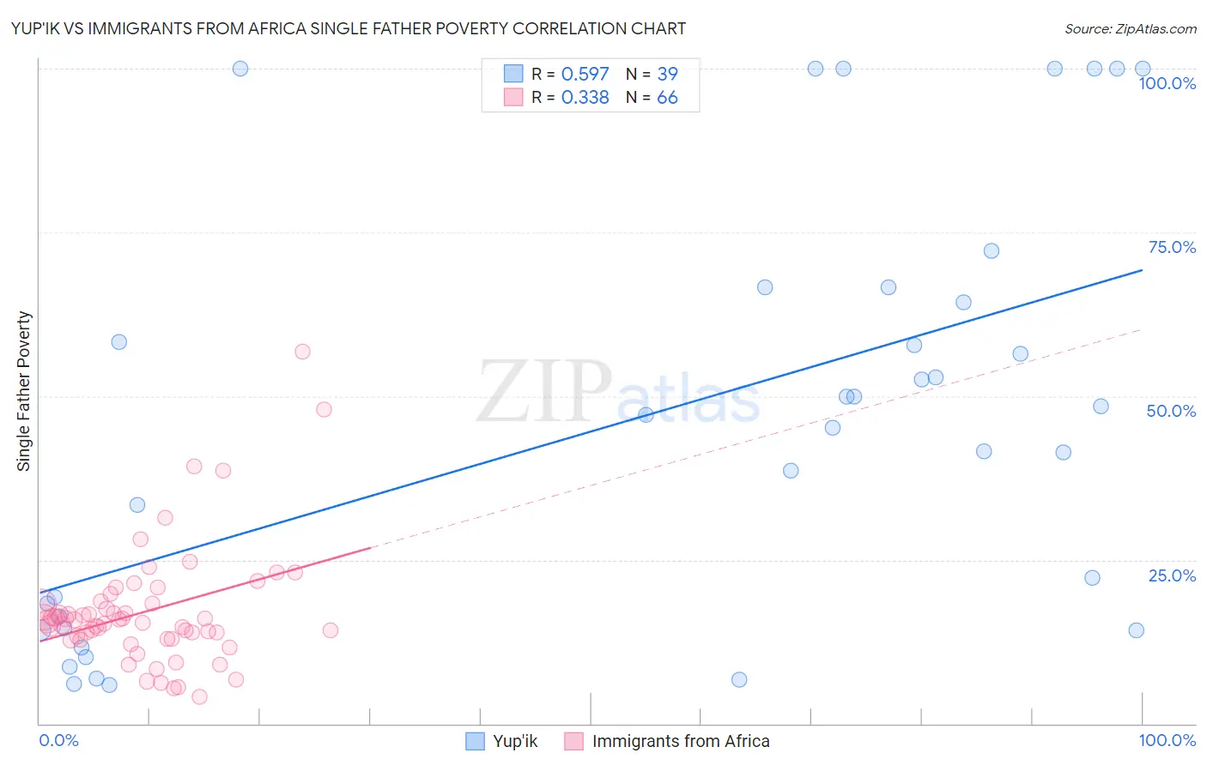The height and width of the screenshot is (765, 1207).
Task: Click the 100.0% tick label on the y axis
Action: pyautogui.click(x=1167, y=83)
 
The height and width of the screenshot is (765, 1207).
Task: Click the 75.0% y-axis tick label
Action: pyautogui.click(x=1172, y=247)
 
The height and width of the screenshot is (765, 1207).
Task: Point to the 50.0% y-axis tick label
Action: pyautogui.click(x=1171, y=411)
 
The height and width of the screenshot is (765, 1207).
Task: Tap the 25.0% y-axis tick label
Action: pyautogui.click(x=1172, y=575)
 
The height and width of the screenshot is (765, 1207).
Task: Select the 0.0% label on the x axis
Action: pyautogui.click(x=58, y=740)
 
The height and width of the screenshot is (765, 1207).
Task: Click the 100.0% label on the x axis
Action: pyautogui.click(x=1167, y=740)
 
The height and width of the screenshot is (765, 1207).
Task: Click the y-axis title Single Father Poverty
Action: pyautogui.click(x=23, y=391)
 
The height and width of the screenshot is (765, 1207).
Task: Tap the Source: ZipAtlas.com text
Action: pyautogui.click(x=1130, y=28)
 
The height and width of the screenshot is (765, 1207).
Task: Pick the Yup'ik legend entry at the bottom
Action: pyautogui.click(x=501, y=741)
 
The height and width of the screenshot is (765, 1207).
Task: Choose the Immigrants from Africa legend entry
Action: pyautogui.click(x=668, y=741)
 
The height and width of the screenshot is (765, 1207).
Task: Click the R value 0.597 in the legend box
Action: pyautogui.click(x=585, y=74)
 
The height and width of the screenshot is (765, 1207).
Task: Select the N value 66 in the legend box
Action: pyautogui.click(x=667, y=98)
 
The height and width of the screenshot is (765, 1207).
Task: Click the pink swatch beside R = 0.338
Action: pyautogui.click(x=513, y=97)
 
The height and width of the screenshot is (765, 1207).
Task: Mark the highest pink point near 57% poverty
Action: pyautogui.click(x=302, y=352)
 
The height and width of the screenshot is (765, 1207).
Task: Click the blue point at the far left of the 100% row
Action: pyautogui.click(x=240, y=69)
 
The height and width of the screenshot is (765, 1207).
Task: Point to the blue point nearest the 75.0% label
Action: pyautogui.click(x=992, y=251)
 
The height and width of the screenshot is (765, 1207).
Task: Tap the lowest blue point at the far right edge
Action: pyautogui.click(x=1136, y=630)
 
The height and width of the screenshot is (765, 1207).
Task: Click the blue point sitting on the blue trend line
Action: pyautogui.click(x=646, y=415)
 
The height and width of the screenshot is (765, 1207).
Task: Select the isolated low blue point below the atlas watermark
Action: pyautogui.click(x=739, y=680)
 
